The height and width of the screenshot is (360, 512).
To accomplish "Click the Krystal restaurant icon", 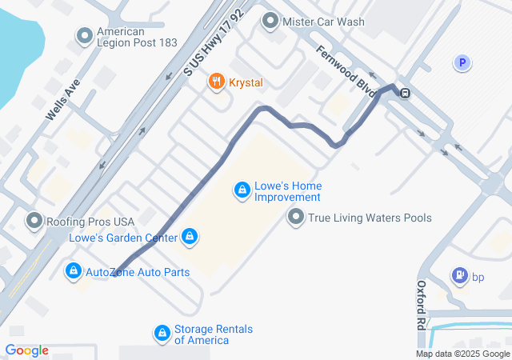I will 215,82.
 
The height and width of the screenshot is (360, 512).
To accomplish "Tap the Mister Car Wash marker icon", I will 270,22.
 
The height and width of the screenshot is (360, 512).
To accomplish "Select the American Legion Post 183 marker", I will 85,35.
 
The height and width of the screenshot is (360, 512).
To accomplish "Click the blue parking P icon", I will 462,62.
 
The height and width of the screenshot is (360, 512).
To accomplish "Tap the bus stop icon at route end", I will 406,93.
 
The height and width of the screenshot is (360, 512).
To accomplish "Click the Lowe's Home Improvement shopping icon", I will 241,190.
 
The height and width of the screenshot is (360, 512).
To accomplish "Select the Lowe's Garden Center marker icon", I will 190,237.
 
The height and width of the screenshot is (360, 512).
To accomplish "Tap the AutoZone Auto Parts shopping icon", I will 74,272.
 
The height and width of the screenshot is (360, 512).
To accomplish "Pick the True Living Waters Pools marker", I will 296,217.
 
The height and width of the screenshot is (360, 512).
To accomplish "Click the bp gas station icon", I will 460,277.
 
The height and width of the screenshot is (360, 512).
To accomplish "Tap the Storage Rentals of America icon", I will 162,333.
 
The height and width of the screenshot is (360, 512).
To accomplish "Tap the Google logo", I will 27,350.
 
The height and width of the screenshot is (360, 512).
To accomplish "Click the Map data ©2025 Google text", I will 462,354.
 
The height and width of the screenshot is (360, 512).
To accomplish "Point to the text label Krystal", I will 246,82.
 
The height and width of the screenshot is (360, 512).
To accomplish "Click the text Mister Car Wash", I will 319,22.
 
